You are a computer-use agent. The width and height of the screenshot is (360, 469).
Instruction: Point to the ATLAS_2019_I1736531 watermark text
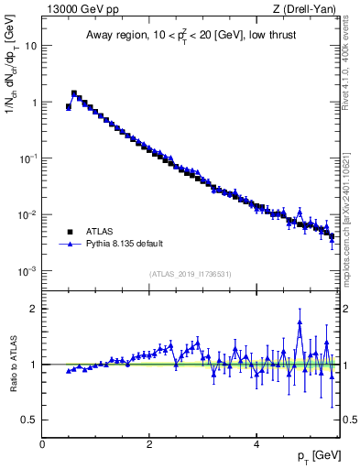[x=191, y=274]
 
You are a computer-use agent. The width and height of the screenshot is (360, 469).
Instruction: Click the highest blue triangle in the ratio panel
[x=300, y=322]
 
